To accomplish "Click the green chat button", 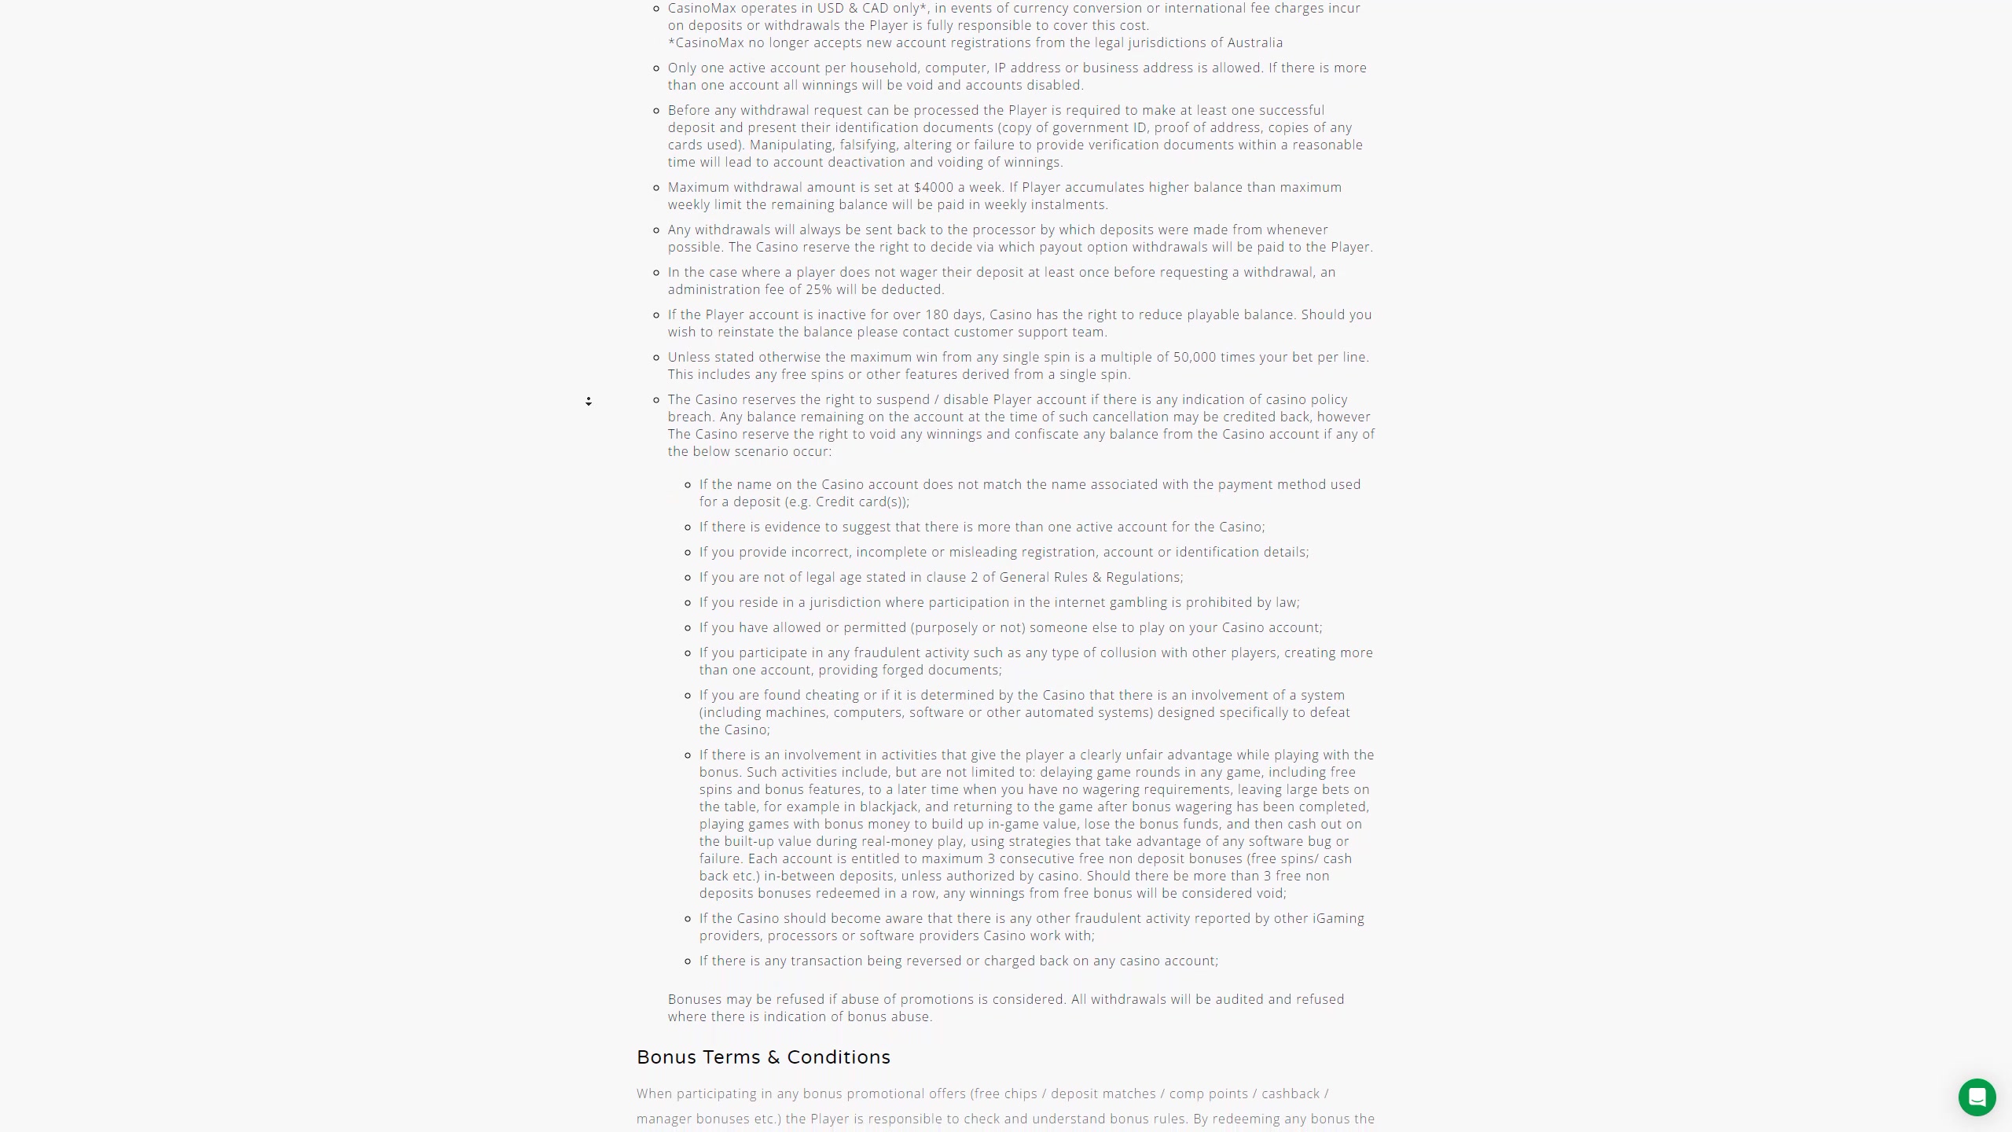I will pos(1977,1097).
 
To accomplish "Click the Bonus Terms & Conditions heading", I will pos(763,1057).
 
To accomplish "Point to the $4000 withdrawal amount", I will pos(934,187).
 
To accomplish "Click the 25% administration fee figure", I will pos(818,289).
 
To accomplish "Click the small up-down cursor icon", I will pos(589,402).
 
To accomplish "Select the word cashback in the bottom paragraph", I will pos(1291,1093).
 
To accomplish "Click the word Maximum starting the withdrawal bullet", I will pos(699,187).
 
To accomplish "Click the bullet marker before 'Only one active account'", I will pos(657,68).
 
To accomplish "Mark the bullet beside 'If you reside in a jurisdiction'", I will pos(688,603).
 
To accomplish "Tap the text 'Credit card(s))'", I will pos(861,502).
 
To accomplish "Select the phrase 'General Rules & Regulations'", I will pos(1090,577).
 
